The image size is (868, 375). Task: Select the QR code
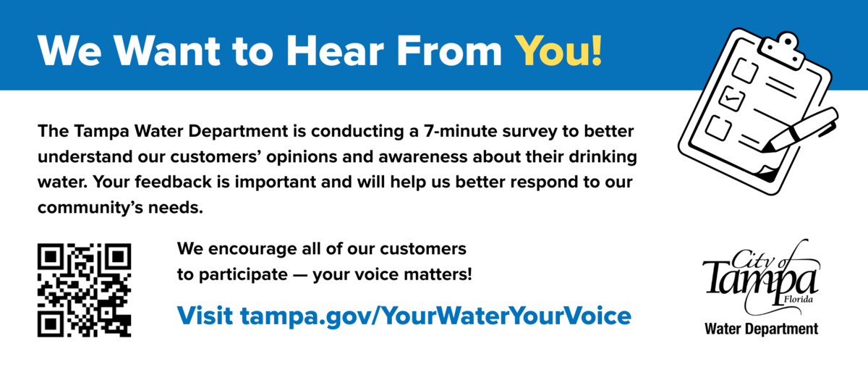coord(85,290)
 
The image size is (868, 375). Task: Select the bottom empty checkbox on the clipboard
coord(720,127)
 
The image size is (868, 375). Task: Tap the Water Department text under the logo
coord(762,329)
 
